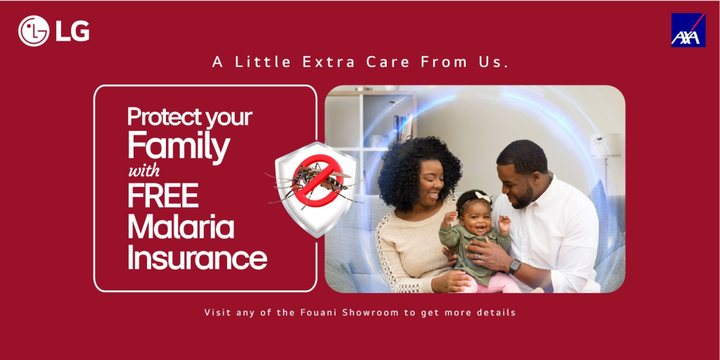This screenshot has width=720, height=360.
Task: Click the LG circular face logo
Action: (34, 31)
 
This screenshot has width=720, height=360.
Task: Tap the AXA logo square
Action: (688, 30)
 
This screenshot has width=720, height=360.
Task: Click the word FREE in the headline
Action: (163, 195)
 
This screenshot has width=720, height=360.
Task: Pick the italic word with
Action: (143, 172)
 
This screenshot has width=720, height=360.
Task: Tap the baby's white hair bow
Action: (482, 197)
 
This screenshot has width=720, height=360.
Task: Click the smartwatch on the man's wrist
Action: (514, 266)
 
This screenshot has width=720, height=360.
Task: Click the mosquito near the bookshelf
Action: (392, 103)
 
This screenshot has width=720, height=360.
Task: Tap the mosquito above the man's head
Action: (599, 139)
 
